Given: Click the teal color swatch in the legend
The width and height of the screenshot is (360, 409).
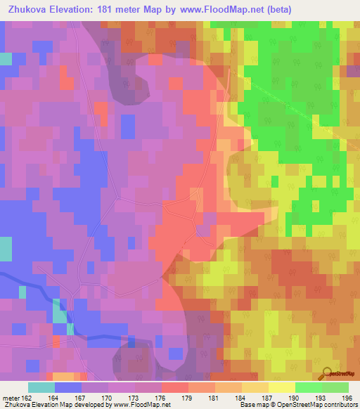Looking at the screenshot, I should pos(41,387).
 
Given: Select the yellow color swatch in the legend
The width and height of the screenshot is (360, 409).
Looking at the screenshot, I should pos(282,387).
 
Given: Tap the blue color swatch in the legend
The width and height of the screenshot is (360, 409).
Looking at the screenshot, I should pos(68,387).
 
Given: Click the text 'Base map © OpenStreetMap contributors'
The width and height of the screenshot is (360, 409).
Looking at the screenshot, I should pos(297,405).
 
